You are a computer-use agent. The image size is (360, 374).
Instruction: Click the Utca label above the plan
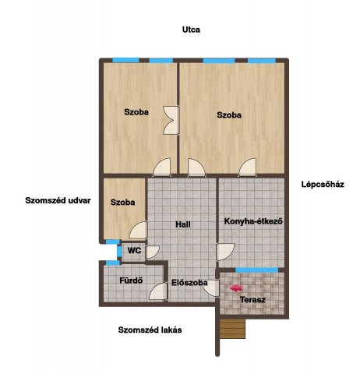(191, 30)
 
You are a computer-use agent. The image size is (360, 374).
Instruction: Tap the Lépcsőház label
(323, 185)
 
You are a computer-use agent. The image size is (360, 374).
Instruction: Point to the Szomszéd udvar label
(58, 200)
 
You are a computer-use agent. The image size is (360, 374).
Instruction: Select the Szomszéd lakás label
(150, 330)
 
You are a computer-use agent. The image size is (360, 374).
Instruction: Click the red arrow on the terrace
(236, 288)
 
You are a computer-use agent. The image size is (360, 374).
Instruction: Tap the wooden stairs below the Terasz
(232, 329)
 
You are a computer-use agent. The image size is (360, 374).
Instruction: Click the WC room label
(134, 250)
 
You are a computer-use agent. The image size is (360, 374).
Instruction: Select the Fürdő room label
(131, 280)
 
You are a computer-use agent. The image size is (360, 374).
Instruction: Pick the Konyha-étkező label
(253, 221)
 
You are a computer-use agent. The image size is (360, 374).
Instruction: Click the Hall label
(183, 224)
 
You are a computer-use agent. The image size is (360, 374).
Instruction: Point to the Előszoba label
(189, 283)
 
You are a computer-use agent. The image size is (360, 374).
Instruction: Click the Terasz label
(252, 300)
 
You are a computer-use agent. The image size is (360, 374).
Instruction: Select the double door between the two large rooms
(171, 120)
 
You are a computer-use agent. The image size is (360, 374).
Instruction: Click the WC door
(153, 252)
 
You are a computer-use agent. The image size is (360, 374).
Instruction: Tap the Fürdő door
(158, 291)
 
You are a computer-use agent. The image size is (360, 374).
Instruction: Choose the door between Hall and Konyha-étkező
(225, 252)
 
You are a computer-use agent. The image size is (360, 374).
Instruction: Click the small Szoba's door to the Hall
(138, 230)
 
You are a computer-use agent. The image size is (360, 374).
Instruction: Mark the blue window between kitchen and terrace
(256, 270)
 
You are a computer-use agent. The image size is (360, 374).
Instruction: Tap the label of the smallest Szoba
(122, 203)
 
